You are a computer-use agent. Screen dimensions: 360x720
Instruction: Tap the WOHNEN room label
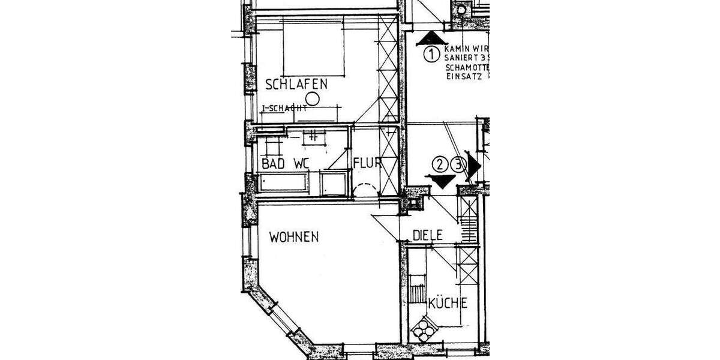(x=293, y=236)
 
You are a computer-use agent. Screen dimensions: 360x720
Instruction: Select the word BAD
(x=272, y=163)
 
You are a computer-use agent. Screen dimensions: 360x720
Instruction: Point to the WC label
(x=300, y=163)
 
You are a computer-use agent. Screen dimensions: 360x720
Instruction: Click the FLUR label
(x=365, y=163)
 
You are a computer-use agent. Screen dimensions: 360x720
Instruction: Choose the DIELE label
(x=427, y=236)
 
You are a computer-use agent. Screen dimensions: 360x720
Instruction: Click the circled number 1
(x=431, y=55)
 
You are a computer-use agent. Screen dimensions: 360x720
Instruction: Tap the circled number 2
(x=442, y=164)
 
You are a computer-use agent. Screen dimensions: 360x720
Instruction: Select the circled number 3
(x=460, y=164)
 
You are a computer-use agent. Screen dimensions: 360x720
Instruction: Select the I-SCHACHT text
(x=285, y=109)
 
